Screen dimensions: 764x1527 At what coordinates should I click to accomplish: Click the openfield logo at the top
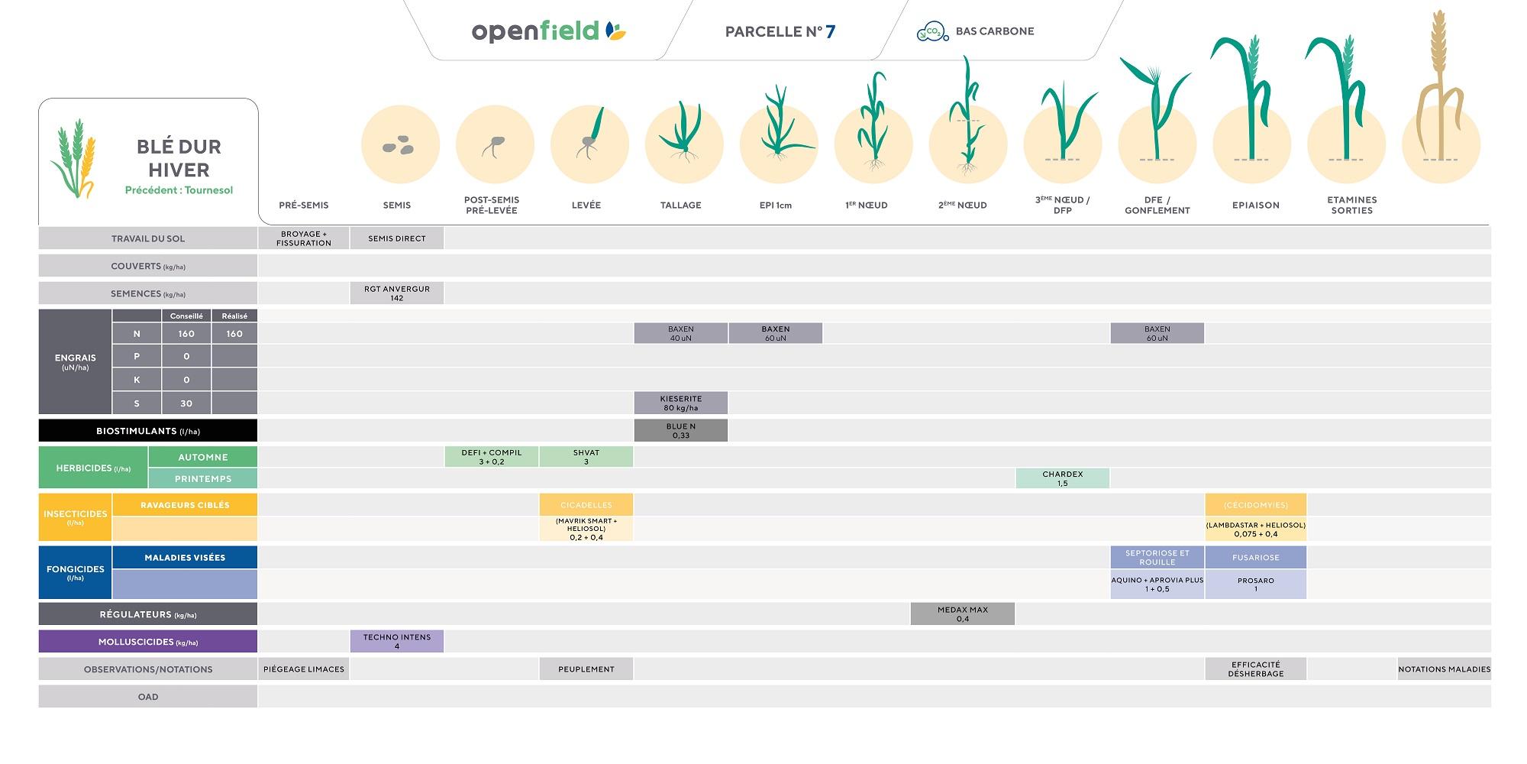pos(548,31)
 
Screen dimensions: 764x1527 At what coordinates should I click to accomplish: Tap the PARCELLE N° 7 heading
pos(780,31)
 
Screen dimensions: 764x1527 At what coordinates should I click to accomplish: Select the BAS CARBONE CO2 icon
pos(931,31)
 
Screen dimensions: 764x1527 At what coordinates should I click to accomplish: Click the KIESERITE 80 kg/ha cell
pos(680,403)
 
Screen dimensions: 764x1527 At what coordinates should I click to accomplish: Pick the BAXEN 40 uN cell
pos(680,333)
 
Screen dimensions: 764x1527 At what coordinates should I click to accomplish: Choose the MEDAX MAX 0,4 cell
pos(962,613)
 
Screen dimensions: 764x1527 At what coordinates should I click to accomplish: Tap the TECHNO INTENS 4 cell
pos(396,641)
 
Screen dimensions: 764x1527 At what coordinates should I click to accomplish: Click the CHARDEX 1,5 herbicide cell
pos(1062,478)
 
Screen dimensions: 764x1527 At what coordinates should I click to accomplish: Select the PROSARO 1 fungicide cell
pos(1255,584)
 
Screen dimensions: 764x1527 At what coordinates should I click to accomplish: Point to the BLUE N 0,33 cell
pos(680,431)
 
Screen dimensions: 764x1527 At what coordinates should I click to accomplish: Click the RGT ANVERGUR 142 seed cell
pos(396,293)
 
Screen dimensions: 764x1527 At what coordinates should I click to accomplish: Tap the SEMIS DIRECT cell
pos(396,238)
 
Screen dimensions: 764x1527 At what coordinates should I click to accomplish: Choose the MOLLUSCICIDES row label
pos(148,642)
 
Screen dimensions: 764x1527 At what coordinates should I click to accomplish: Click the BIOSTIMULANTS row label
pos(148,431)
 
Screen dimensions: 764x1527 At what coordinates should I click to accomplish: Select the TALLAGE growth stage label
pos(680,205)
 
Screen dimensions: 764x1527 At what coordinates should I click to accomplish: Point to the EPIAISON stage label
pos(1255,205)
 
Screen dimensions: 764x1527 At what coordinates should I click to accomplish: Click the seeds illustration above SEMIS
pos(399,145)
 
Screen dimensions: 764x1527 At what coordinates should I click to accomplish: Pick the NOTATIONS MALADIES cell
pos(1444,669)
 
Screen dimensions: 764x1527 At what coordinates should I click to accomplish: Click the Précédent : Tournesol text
pos(179,190)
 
